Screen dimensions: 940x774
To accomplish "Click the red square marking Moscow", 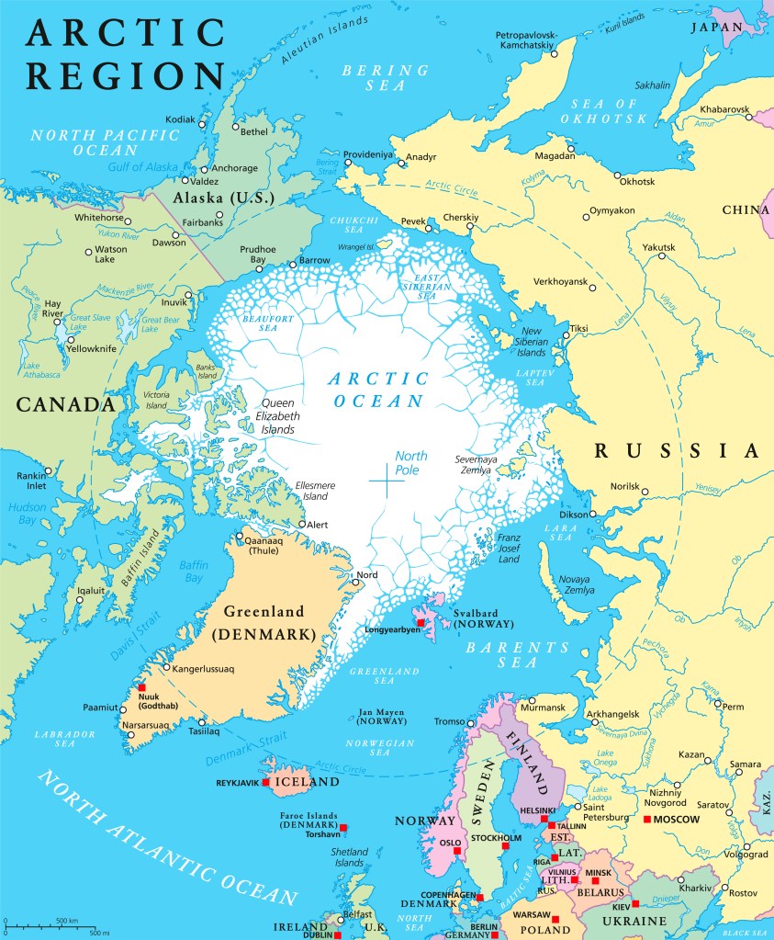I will coord(647,819).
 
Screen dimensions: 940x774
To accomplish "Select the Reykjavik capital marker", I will coord(265,782).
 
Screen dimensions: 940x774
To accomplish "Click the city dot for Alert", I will coord(302,525).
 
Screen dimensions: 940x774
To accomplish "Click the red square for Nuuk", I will coord(141,687).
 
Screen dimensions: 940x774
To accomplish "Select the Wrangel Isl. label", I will coord(356,246).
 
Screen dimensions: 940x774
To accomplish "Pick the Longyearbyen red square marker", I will coord(421,623).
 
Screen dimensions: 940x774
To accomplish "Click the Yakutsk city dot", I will coord(660,256).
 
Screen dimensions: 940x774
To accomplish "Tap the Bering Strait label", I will coord(327,166).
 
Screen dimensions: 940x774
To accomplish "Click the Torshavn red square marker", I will coord(342,828).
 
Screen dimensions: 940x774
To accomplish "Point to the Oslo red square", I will coord(456,850).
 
